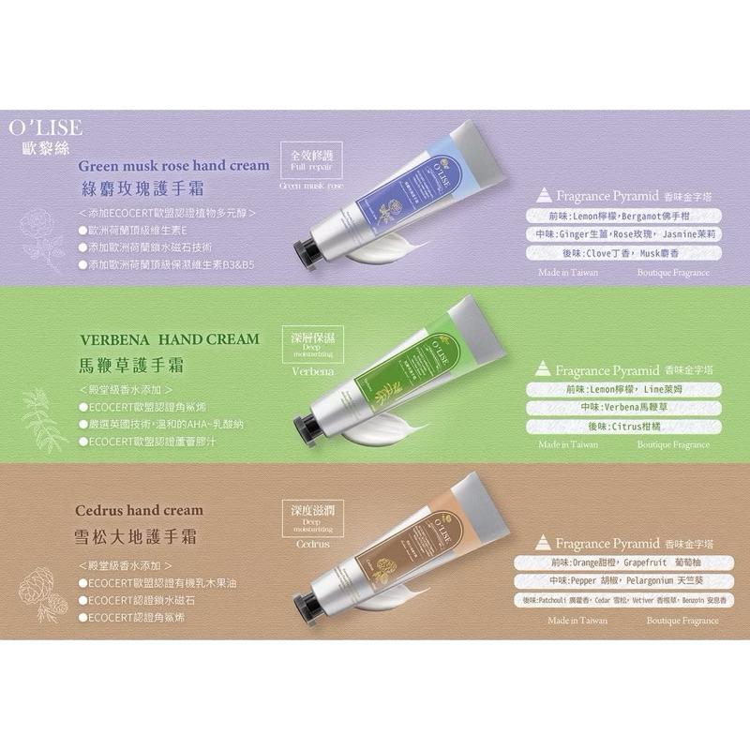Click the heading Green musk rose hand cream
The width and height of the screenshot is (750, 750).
(x=174, y=165)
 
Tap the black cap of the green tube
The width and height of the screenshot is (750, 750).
(x=307, y=416)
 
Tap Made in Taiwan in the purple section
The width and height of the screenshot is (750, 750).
(x=568, y=273)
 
